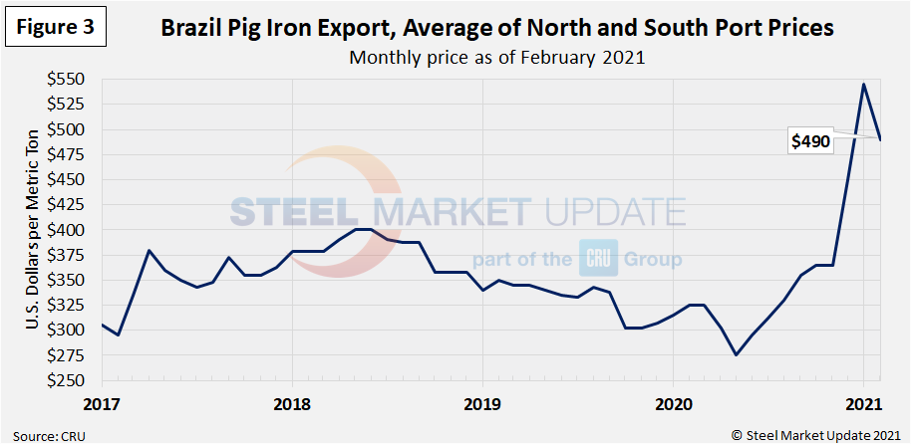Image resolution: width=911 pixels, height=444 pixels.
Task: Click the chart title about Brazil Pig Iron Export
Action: pyautogui.click(x=497, y=28)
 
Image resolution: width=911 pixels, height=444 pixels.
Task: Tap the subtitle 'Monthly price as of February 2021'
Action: pyautogui.click(x=497, y=57)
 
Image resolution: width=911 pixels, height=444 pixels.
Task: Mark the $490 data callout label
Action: pyautogui.click(x=810, y=142)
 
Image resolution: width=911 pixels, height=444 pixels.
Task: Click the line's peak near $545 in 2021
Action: pyautogui.click(x=863, y=84)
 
